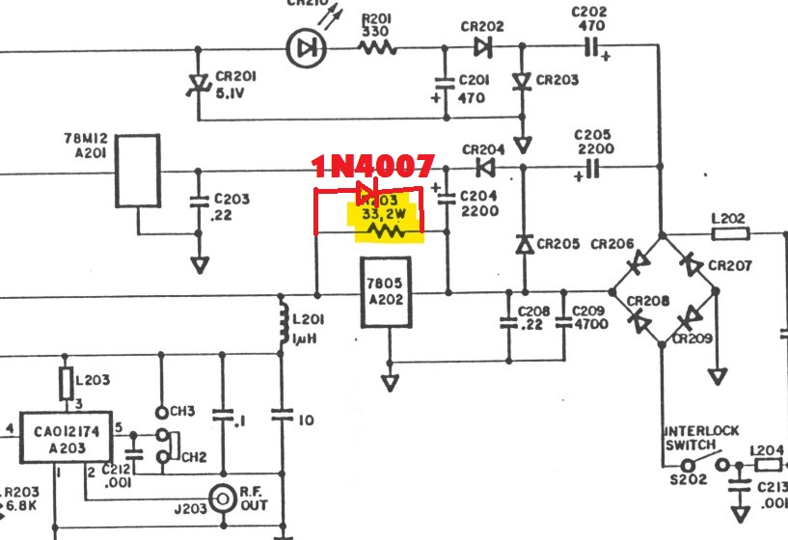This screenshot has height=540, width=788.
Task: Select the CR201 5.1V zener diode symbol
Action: coord(199,87)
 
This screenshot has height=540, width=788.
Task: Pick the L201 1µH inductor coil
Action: coord(283,324)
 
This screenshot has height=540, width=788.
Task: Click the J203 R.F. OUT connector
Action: coord(224,499)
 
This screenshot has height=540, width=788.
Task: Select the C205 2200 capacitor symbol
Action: coord(590,170)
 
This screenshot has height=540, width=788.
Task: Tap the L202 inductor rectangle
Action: coord(729,233)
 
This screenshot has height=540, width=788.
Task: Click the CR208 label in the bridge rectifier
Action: coord(648,302)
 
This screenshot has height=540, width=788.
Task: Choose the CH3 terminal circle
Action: coord(161,412)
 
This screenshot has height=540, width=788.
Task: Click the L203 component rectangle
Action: coord(67,382)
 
